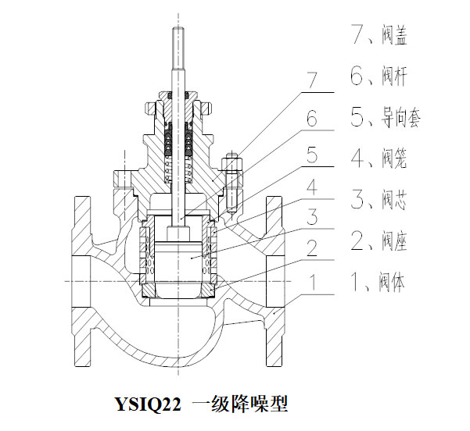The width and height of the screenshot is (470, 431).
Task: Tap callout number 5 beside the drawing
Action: coord(311,155)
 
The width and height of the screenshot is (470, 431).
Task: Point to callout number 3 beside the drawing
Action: coord(311,217)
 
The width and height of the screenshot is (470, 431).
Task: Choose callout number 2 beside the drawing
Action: coord(311,249)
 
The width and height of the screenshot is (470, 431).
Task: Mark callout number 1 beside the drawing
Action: coord(311,280)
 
